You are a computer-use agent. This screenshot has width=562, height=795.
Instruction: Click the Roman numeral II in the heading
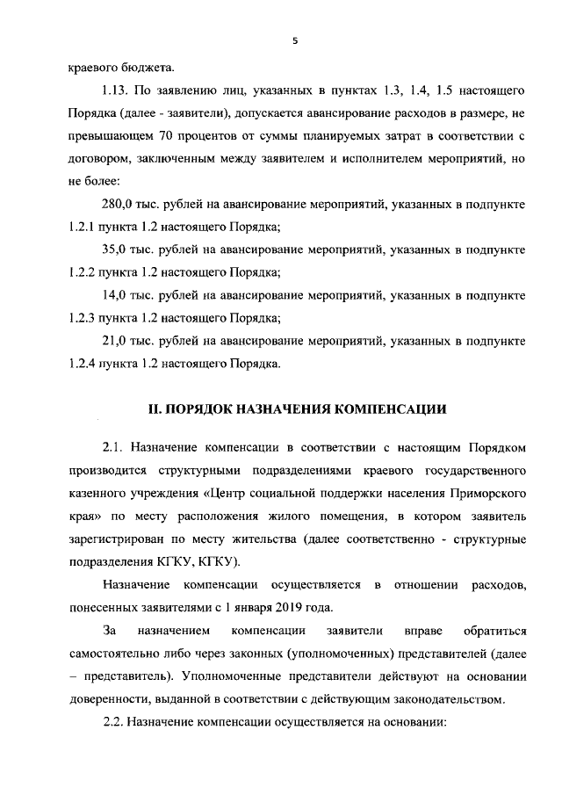point(151,408)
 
